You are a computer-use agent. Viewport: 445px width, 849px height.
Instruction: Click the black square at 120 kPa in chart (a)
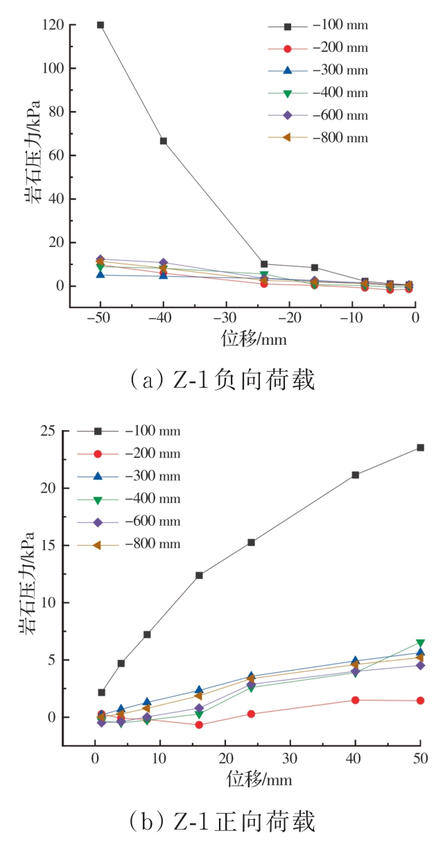click(x=101, y=25)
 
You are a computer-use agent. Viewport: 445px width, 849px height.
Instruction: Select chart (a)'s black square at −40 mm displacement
click(x=164, y=141)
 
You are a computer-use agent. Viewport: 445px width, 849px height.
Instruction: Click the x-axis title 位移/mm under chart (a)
click(x=254, y=339)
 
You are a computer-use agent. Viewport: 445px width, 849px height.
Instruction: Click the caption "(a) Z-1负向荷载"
click(x=222, y=380)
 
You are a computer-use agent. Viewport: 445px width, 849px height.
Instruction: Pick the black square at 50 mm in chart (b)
click(x=420, y=447)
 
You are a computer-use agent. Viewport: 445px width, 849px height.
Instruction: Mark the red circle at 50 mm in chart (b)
click(x=420, y=701)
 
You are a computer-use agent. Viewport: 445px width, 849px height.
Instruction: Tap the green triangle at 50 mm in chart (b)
click(x=420, y=643)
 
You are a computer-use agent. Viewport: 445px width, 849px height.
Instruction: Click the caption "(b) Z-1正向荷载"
click(x=222, y=822)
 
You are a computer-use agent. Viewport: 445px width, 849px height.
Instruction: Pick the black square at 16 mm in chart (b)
click(x=199, y=575)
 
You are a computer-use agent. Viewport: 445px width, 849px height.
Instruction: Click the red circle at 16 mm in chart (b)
click(x=199, y=725)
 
